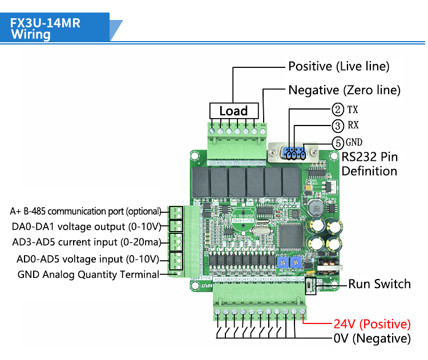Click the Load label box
point(233,111)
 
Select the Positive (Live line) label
point(338,66)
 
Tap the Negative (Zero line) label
point(344,90)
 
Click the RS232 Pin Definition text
point(369,164)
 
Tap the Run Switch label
point(379,284)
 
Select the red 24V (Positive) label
point(372,324)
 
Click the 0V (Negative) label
point(372,338)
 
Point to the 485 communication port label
point(86,211)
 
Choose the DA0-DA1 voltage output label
point(86,226)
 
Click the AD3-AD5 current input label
point(86,242)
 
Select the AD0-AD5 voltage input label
point(88,260)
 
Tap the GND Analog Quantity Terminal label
point(88,274)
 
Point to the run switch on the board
point(312,284)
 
